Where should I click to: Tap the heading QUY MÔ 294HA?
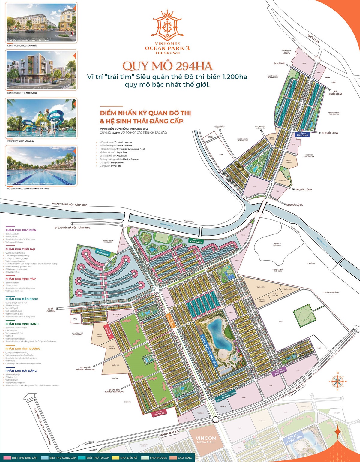[x=167, y=66]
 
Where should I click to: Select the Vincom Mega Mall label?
[x=206, y=439]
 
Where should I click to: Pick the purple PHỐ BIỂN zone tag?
[x=279, y=373]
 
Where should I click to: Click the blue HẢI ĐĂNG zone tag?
[x=302, y=135]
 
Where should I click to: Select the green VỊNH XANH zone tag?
[x=196, y=241]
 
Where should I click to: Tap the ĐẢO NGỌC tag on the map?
[x=103, y=253]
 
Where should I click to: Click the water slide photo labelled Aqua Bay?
[x=41, y=119]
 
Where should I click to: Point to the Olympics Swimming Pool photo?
[x=41, y=166]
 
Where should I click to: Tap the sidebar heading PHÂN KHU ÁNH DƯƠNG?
[x=23, y=349]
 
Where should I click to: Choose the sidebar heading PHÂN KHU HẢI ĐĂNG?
[x=21, y=371]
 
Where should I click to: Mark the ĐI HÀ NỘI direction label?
[x=279, y=64]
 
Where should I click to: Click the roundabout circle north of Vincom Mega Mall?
[x=215, y=419]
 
